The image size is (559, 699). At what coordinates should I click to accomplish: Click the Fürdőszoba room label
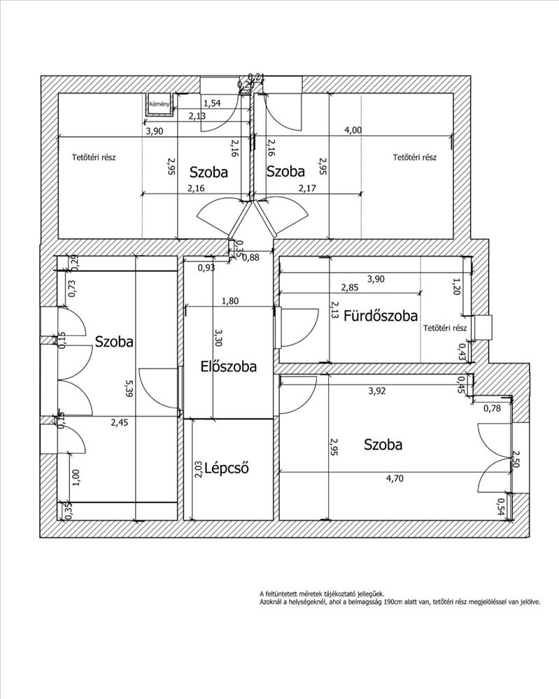380,315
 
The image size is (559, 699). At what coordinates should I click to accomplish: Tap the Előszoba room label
228,366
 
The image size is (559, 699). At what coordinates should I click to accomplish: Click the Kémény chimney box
158,105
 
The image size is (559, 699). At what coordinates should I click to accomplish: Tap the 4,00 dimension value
353,129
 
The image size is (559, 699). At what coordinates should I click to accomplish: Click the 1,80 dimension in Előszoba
229,302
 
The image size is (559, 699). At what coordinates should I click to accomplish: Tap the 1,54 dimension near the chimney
211,103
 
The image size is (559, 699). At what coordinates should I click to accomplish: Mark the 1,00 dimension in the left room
76,477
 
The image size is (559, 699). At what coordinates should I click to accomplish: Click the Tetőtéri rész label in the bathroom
445,328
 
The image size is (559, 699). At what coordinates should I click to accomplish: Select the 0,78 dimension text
492,408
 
